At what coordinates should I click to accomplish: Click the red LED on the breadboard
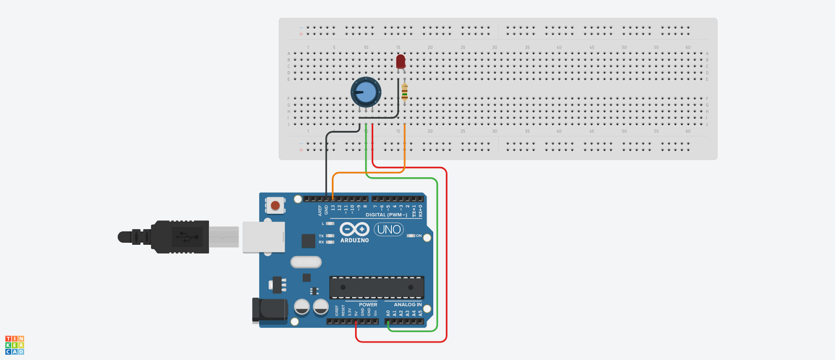pos(400,62)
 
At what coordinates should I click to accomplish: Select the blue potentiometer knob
pos(365,92)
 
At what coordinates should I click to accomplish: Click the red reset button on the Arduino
pos(275,206)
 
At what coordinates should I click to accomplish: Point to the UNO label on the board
pos(389,230)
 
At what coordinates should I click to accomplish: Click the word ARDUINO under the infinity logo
pos(354,241)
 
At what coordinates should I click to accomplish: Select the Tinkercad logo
pos(15,345)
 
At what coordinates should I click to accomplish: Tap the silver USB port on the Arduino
pos(264,237)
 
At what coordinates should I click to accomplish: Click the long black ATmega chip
pos(376,287)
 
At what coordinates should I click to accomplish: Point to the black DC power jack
pos(269,310)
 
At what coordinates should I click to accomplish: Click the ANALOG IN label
pos(408,305)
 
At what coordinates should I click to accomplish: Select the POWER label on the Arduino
pos(368,305)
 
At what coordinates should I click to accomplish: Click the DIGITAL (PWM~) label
pos(386,215)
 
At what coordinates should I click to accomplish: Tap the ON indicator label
pos(419,236)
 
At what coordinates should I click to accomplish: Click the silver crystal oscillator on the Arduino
pos(306,262)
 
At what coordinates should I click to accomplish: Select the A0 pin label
pos(388,313)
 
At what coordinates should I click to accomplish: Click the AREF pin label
pos(320,210)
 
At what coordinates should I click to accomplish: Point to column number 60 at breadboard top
pos(688,47)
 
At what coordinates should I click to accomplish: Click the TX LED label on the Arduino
pos(321,236)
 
